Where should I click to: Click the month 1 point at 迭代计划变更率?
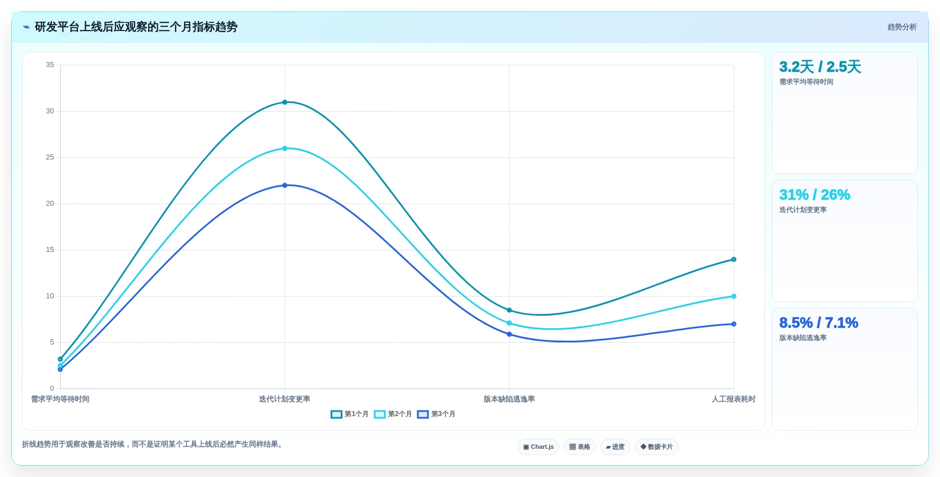pos(285,102)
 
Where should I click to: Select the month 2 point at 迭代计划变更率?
pos(285,148)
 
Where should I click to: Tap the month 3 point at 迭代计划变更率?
pos(285,185)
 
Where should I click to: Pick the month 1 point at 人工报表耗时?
pos(733,259)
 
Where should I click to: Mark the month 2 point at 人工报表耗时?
pos(733,296)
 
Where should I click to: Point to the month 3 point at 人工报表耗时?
pos(733,324)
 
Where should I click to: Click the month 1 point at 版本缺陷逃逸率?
pos(510,310)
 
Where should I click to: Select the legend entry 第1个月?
pos(350,414)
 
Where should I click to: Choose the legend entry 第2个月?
pos(393,414)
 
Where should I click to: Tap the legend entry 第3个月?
pos(436,414)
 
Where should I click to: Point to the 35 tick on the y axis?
pos(50,65)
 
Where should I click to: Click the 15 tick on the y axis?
pos(50,250)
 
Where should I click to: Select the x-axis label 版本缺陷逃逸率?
pos(509,399)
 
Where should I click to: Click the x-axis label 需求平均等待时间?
pos(60,399)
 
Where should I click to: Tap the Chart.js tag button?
pos(538,447)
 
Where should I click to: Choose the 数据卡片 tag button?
pos(657,447)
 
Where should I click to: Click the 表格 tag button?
pos(580,447)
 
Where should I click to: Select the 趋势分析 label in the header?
pos(902,27)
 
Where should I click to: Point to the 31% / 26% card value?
pos(814,195)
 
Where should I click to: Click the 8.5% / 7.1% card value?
pos(819,323)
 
